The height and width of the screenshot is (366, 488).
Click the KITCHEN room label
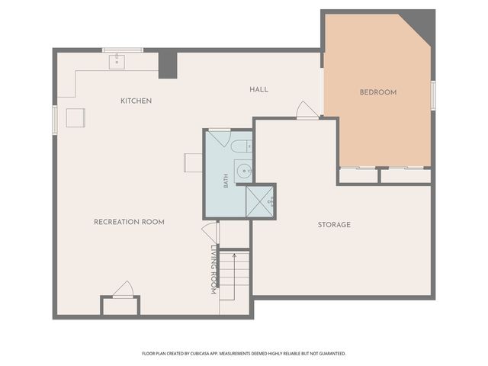pyautogui.click(x=136, y=101)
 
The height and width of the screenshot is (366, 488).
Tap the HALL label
pyautogui.click(x=258, y=90)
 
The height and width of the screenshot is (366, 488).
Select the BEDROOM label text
pyautogui.click(x=378, y=92)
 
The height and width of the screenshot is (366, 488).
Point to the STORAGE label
pyautogui.click(x=334, y=225)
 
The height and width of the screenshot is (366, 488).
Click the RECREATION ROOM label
pyautogui.click(x=129, y=222)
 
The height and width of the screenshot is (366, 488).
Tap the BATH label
pyautogui.click(x=226, y=181)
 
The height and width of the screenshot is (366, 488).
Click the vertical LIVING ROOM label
pyautogui.click(x=213, y=269)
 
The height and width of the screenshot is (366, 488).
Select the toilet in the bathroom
pyautogui.click(x=242, y=146)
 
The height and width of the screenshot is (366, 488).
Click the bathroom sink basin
pyautogui.click(x=244, y=171)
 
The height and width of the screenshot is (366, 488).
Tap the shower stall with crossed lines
pyautogui.click(x=259, y=201)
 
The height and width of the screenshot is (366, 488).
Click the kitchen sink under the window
pyautogui.click(x=117, y=62)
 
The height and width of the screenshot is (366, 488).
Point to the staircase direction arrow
pyautogui.click(x=234, y=277)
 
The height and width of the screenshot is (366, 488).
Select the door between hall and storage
pyautogui.click(x=307, y=110)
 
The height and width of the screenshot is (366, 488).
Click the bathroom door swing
pyautogui.click(x=219, y=137)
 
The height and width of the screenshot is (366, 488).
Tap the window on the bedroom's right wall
pyautogui.click(x=433, y=95)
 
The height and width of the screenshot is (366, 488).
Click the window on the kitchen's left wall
pyautogui.click(x=55, y=120)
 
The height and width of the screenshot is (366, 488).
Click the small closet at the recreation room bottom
pyautogui.click(x=120, y=306)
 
